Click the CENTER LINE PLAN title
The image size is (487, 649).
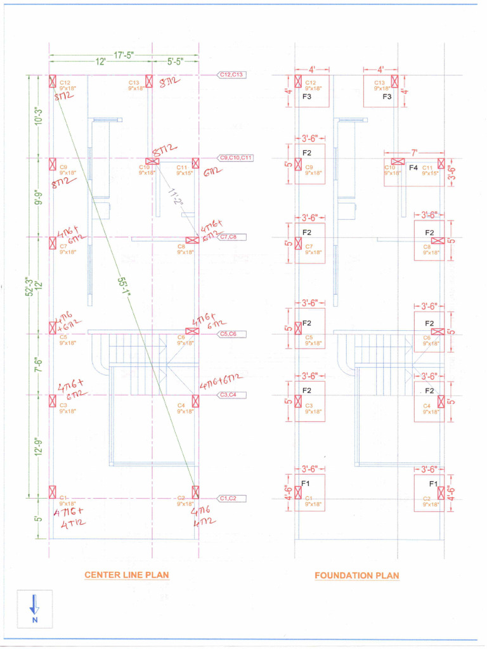(127, 575)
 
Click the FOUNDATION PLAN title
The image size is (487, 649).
(357, 575)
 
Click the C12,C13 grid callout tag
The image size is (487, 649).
(232, 75)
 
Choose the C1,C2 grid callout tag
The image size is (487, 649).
(228, 498)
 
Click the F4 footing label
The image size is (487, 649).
(413, 168)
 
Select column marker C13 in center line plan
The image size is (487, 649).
(149, 81)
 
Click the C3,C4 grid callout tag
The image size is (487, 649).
(228, 395)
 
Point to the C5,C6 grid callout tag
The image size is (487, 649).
(228, 333)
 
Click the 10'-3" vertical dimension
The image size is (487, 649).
(38, 116)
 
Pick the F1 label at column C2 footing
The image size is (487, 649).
(433, 484)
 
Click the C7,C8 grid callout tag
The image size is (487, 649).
(228, 237)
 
